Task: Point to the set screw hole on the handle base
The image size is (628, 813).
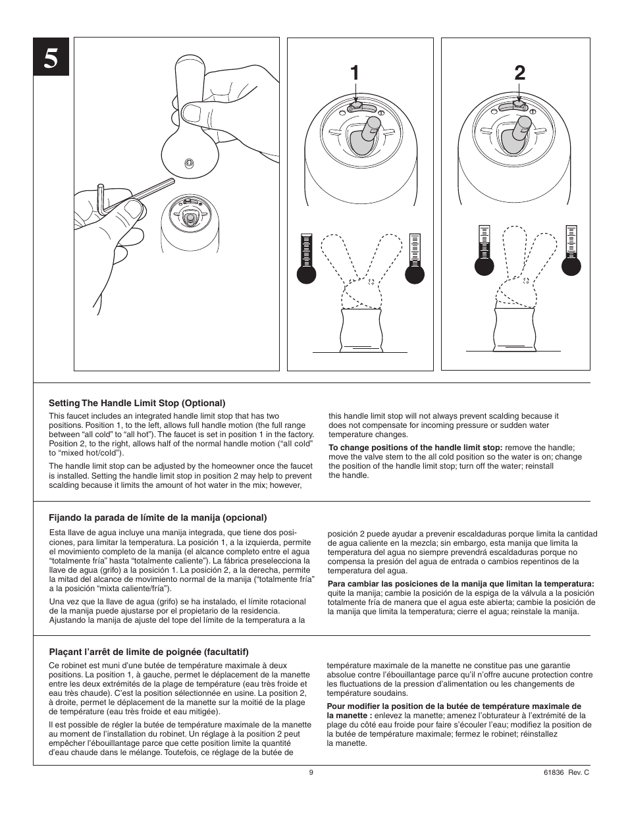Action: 189,162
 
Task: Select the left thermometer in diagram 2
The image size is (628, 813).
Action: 484,250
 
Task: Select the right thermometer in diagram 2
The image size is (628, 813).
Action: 571,250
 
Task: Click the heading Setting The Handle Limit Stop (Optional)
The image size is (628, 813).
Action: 137,403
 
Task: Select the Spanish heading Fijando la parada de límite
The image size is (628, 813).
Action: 158,517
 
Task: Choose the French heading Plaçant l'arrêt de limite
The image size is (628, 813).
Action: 149,652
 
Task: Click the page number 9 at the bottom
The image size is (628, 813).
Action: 311,772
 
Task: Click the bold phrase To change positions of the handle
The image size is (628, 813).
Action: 415,448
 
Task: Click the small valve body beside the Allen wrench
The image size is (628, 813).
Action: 189,224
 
